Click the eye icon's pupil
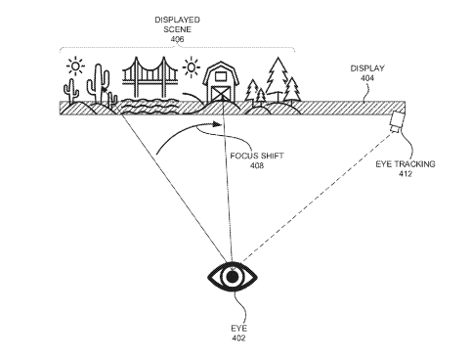coord(232,278)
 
